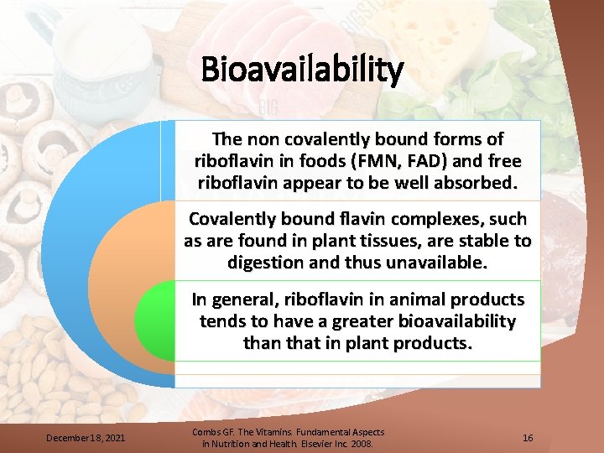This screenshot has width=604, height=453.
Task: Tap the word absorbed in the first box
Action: click(x=472, y=182)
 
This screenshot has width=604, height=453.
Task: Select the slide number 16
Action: click(x=528, y=438)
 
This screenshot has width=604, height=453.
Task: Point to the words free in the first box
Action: click(x=504, y=160)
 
